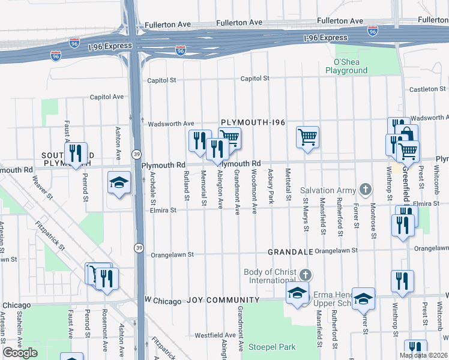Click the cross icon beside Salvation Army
pyautogui.click(x=364, y=190)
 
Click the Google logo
pyautogui.click(x=20, y=353)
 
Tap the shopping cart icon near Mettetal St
pyautogui.click(x=307, y=137)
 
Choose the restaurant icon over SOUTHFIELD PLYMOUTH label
pyautogui.click(x=76, y=154)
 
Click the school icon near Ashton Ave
pyautogui.click(x=119, y=182)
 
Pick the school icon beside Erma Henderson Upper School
pyautogui.click(x=297, y=294)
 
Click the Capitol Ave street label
pyautogui.click(x=106, y=97)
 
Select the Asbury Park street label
pyautogui.click(x=271, y=190)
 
